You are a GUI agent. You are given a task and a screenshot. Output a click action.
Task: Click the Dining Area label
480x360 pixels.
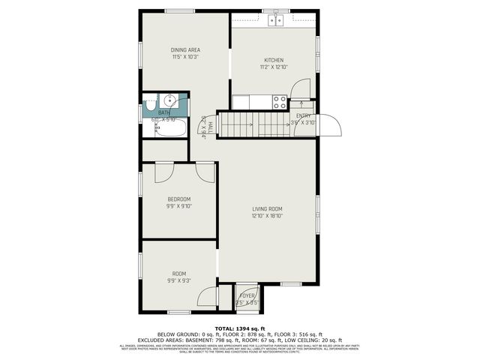(x=186, y=50)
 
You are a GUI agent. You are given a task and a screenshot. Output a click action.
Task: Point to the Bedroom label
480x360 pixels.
(x=179, y=199)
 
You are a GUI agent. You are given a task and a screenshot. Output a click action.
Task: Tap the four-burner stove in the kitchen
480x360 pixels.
(x=280, y=101)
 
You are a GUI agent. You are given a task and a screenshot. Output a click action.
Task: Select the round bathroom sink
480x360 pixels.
(x=169, y=100)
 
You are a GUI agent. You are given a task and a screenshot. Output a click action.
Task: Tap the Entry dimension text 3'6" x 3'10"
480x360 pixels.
(x=304, y=122)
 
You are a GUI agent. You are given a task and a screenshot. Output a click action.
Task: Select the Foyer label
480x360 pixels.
(x=247, y=295)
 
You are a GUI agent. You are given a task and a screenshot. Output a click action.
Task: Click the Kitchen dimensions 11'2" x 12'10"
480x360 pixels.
(x=274, y=67)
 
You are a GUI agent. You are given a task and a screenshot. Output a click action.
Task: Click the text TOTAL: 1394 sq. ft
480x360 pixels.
(x=240, y=328)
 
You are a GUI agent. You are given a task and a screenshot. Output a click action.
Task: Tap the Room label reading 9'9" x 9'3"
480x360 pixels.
(x=179, y=280)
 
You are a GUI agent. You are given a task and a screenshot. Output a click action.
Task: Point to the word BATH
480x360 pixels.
(x=164, y=113)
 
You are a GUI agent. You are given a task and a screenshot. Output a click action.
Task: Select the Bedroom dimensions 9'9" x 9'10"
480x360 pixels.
(x=179, y=205)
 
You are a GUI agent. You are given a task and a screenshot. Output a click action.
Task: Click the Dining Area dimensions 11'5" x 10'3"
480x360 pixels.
(x=186, y=57)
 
